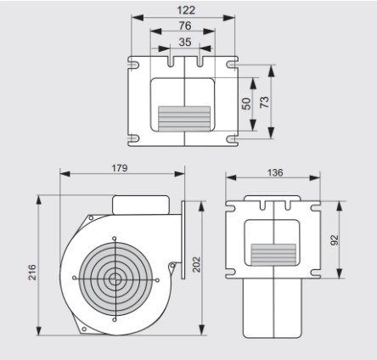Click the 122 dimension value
click(x=186, y=10)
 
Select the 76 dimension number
click(x=185, y=25)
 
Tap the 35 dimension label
click(x=185, y=42)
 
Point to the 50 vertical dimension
click(x=246, y=104)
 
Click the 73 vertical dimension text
click(x=264, y=102)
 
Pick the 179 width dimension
click(x=120, y=168)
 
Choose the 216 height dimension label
click(x=32, y=273)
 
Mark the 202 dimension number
click(x=196, y=264)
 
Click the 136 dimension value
click(x=275, y=172)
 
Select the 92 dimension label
click(x=335, y=240)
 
